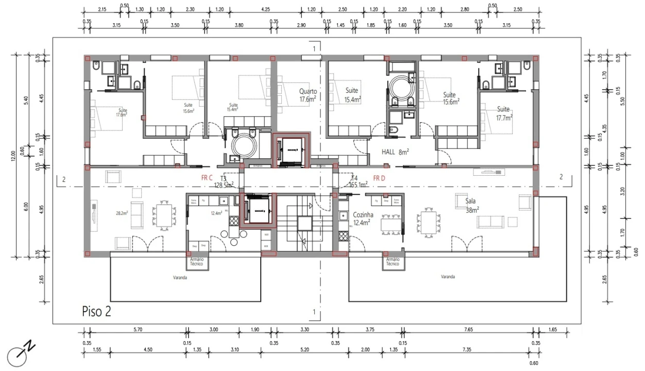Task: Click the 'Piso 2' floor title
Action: pos(96,311)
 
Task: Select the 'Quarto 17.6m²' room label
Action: pos(308,95)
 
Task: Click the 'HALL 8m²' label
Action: pos(395,152)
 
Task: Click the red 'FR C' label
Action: pos(207,177)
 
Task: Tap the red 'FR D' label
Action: pos(379,178)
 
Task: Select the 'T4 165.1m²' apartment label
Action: pos(357,180)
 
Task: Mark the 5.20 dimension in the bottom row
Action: pos(304,350)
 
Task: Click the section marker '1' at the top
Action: pos(314,48)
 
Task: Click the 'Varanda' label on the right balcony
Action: pos(448,277)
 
